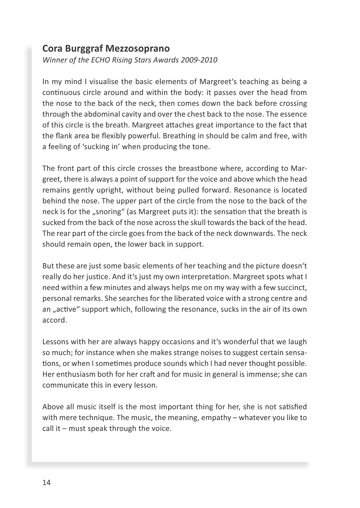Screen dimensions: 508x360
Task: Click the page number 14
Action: [x=46, y=483]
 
